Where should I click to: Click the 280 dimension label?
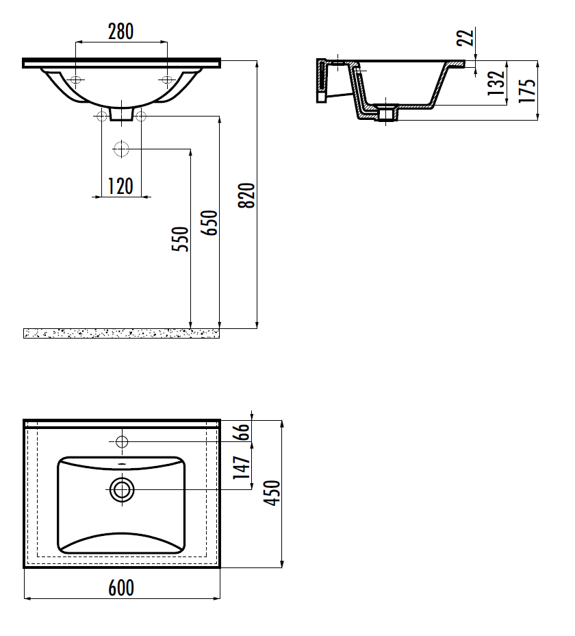tap(120, 32)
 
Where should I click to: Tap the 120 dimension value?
tap(120, 186)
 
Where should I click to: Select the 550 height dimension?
tap(180, 239)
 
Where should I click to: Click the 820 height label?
tap(246, 195)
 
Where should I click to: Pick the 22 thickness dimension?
tap(466, 37)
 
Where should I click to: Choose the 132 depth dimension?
tap(496, 83)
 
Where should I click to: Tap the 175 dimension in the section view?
tap(528, 90)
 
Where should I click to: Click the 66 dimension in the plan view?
tap(242, 432)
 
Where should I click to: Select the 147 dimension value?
tap(242, 467)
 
